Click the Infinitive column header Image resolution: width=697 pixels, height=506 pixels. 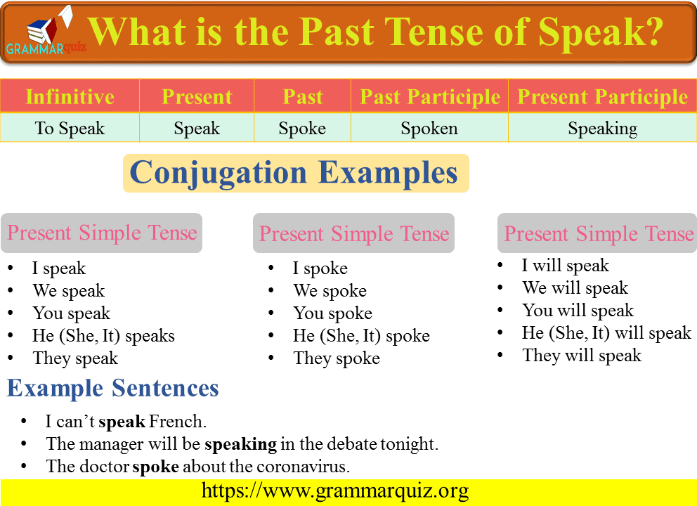[70, 96]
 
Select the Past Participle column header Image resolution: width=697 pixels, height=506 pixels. [430, 96]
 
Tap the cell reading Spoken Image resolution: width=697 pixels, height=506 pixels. [429, 129]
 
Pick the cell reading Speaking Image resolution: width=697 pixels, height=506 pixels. [602, 129]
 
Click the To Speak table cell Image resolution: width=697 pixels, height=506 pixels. [70, 129]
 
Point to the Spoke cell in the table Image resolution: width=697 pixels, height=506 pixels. [302, 129]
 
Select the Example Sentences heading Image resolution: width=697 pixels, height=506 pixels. [112, 388]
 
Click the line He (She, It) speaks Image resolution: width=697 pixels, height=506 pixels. [103, 336]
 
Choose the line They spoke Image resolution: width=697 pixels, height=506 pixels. [337, 358]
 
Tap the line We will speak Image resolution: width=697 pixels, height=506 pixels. [575, 288]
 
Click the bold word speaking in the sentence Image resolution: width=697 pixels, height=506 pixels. [241, 443]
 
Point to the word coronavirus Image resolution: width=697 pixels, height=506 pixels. [303, 467]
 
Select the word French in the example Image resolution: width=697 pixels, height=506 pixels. [177, 421]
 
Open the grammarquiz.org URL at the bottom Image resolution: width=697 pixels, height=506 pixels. [335, 491]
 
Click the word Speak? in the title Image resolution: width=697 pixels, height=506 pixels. [601, 32]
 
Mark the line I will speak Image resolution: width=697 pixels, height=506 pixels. [566, 266]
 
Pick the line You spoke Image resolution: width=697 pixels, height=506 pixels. [332, 313]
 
